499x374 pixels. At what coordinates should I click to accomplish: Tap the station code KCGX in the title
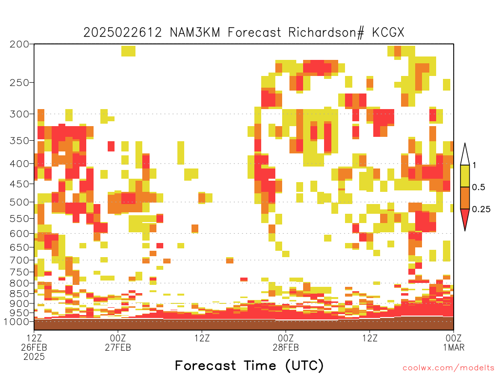coord(388,33)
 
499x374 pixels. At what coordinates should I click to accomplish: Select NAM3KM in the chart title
coord(195,33)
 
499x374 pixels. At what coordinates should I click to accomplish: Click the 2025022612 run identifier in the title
coord(122,33)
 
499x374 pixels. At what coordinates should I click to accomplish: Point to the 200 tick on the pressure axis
coord(19,44)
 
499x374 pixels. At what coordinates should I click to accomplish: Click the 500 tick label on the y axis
coord(19,202)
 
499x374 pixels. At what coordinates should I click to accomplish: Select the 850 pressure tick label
coord(19,294)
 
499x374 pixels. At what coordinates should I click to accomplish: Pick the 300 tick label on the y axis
coord(19,114)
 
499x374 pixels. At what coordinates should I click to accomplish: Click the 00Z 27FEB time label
coord(118,342)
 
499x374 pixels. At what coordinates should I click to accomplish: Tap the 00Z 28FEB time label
coord(286,342)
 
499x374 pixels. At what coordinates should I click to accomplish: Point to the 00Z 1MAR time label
coord(454,342)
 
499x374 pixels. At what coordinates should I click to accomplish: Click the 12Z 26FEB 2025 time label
coord(34,347)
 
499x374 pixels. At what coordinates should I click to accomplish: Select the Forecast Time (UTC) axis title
coord(249,365)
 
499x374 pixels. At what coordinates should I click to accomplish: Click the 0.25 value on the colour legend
coord(481,209)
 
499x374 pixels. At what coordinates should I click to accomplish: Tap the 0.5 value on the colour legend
coord(479,187)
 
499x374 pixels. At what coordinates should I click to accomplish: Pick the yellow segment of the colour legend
coord(465,176)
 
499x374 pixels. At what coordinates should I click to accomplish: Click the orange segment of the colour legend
coord(465,198)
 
